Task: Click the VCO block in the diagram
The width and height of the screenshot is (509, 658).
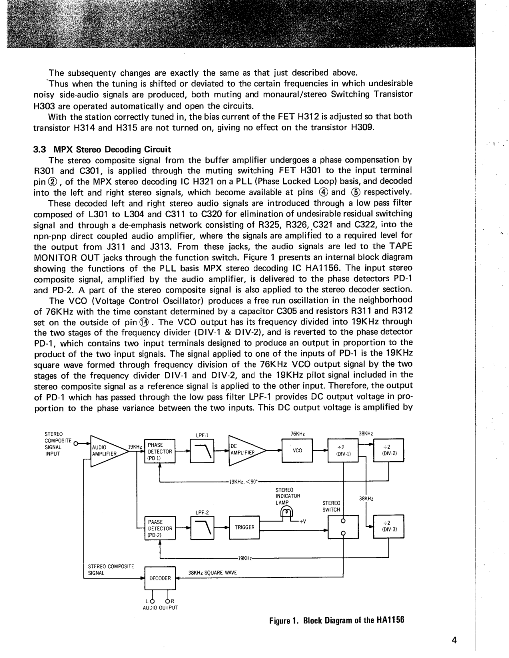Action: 297,451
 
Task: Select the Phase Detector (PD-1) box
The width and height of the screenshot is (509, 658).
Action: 159,451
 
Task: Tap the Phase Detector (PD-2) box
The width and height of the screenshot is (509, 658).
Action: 159,528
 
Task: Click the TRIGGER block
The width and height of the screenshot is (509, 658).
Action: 245,527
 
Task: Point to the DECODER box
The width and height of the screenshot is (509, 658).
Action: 160,578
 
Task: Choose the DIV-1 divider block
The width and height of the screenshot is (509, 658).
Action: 343,451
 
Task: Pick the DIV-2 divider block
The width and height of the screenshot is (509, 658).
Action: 389,451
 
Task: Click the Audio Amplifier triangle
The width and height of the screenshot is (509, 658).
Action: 106,451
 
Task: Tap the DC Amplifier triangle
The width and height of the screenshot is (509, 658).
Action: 245,450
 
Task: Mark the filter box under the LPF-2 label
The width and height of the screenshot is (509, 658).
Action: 202,527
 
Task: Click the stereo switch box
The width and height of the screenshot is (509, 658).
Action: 343,527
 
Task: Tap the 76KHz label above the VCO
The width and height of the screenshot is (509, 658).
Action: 298,433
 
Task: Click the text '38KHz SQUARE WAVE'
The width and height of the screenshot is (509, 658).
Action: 213,573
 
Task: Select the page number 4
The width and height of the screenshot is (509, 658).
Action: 454,641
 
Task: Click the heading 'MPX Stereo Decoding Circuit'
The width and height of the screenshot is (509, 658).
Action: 112,149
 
